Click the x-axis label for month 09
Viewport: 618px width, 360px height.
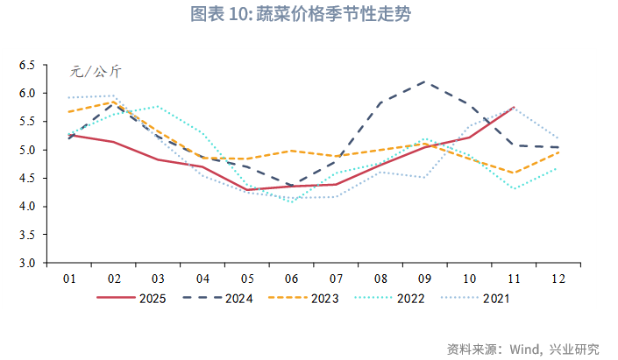(425, 279)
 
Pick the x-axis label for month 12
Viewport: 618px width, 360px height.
(558, 279)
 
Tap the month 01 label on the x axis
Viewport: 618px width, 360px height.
(69, 279)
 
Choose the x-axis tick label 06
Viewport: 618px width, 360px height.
(292, 279)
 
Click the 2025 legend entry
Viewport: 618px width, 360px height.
(153, 298)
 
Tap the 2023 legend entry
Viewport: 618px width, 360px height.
(325, 298)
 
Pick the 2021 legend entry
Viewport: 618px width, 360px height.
(496, 298)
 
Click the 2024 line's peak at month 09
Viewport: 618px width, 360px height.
(425, 81)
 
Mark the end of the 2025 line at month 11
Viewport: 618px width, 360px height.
(514, 107)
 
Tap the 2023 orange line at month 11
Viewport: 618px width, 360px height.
(514, 173)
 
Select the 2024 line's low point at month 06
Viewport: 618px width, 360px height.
(292, 186)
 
